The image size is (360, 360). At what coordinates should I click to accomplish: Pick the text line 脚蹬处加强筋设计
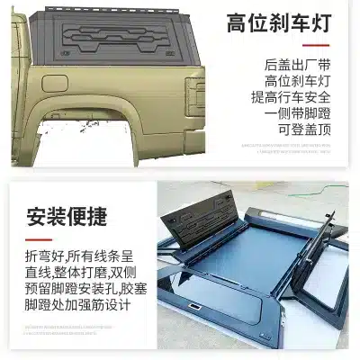coord(76,305)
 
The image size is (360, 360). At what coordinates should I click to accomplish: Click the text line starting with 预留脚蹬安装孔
coord(76,289)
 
